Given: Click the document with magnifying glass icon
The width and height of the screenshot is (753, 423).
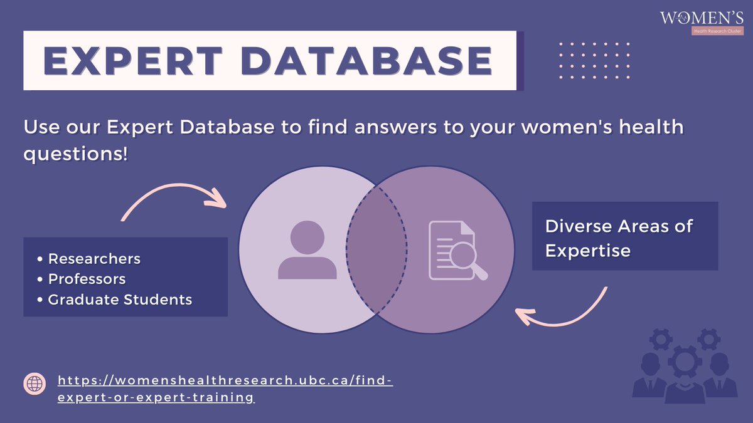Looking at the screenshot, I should (x=457, y=251).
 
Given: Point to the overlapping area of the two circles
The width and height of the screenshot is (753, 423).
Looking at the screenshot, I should (x=376, y=251).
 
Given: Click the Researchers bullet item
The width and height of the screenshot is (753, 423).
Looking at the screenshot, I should (x=94, y=258).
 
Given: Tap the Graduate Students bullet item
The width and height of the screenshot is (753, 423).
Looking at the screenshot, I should (x=119, y=299).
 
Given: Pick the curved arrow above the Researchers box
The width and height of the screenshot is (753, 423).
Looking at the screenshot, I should (x=172, y=199).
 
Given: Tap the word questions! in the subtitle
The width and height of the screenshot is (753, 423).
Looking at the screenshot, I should (x=75, y=154).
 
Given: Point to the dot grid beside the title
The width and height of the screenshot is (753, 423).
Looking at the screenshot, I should (x=593, y=61).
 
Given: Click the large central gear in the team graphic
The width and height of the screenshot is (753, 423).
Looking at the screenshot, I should (x=681, y=362).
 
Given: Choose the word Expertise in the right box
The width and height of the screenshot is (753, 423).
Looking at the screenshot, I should (x=587, y=251).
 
